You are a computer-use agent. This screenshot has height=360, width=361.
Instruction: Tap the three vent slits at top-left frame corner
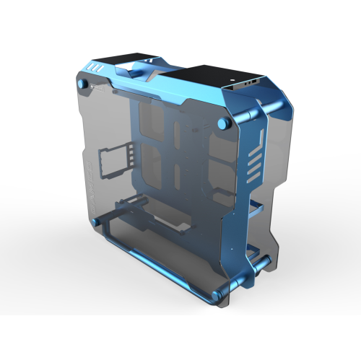pyautogui.click(x=91, y=69)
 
